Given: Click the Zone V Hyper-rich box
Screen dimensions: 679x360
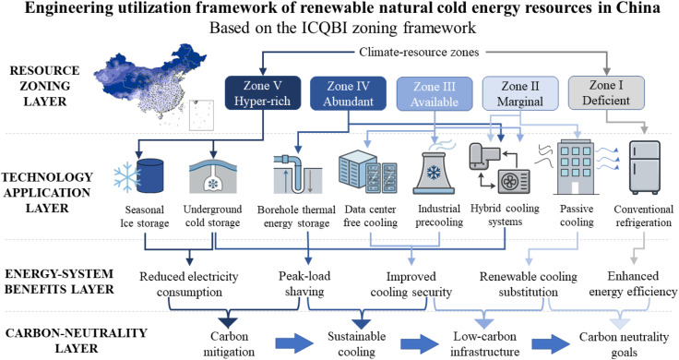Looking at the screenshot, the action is tap(262, 92).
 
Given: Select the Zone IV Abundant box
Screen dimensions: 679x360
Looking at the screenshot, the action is tap(348, 93).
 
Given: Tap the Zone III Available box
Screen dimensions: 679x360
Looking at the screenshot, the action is tap(435, 93).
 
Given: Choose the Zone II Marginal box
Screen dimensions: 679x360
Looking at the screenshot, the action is tap(520, 93).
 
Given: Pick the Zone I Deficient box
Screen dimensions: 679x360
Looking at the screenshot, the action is tap(606, 92).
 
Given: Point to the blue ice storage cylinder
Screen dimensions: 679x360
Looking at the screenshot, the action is tap(149, 175).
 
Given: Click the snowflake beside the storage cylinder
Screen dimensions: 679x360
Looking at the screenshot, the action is tap(126, 177).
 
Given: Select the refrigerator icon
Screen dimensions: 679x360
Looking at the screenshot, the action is tap(645, 167).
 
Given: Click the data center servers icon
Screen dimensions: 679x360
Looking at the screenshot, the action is tap(367, 172).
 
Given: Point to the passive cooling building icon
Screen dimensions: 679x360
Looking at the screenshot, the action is tap(576, 167).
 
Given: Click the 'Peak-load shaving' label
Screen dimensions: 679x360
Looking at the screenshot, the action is tap(304, 283).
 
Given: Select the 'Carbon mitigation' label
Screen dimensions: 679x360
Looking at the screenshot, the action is tap(229, 343).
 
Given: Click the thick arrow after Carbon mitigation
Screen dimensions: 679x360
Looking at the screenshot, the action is tap(294, 343).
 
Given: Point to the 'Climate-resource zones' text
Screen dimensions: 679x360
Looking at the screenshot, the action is tap(419, 53).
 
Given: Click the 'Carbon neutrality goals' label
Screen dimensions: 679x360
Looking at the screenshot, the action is tap(624, 344).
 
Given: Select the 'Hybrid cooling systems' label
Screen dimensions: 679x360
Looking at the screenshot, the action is tap(505, 215).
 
